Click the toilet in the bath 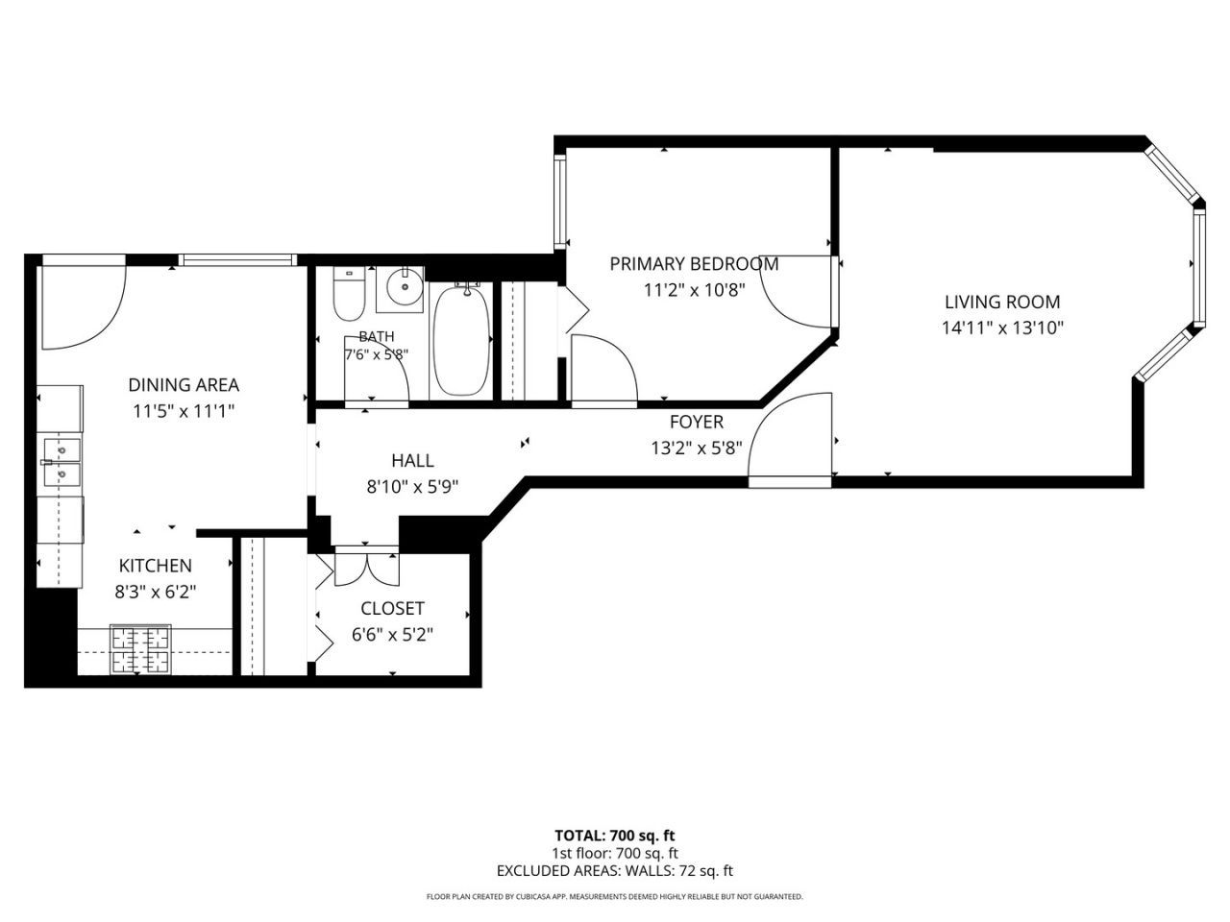click(349, 293)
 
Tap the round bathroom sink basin click(406, 286)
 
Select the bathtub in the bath click(460, 341)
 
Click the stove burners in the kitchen click(140, 649)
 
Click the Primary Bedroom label click(694, 264)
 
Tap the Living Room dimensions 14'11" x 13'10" click(1002, 328)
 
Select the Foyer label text click(697, 422)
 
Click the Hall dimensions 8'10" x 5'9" click(412, 487)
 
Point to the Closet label click(392, 608)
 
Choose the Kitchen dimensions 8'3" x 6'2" click(156, 592)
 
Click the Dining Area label click(184, 385)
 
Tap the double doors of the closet click(366, 569)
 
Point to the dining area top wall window click(237, 259)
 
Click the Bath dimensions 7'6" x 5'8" click(376, 354)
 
